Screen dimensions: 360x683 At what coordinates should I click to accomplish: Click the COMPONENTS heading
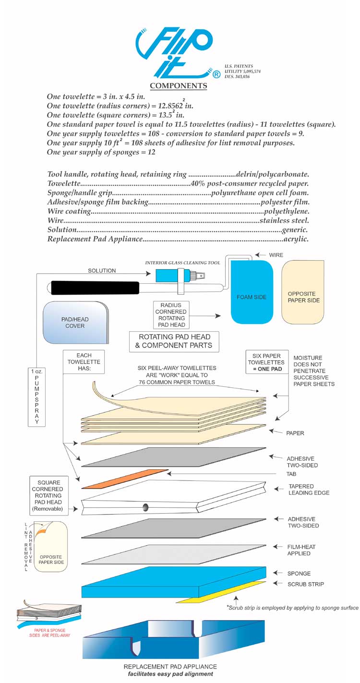point(179,86)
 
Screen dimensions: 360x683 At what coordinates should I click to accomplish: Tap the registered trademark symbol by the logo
point(216,74)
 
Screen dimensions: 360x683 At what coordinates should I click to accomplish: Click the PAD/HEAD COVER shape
point(75,322)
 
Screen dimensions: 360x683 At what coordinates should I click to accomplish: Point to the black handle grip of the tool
point(95,288)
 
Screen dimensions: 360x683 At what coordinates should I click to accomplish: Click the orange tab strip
point(125,479)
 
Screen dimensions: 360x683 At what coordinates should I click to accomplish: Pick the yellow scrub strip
point(221,592)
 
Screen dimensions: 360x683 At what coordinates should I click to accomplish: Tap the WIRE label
point(276,255)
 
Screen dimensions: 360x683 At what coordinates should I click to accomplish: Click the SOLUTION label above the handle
point(102,270)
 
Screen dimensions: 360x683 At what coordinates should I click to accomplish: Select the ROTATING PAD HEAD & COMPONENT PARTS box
point(174,342)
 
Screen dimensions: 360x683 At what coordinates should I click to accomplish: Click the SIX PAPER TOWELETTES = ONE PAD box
point(267,362)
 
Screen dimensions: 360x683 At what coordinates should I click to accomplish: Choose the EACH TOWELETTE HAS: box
point(84,361)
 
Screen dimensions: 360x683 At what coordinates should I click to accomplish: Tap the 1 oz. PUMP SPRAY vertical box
point(36,397)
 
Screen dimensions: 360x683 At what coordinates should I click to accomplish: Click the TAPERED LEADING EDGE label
point(309,490)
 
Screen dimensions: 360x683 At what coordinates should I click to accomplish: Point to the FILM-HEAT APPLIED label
point(301,550)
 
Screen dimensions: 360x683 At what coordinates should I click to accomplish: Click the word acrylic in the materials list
point(296,239)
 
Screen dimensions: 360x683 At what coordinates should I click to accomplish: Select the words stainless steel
point(284,220)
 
